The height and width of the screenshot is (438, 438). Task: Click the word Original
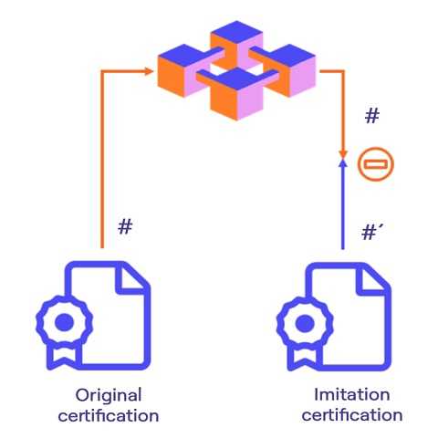(109, 396)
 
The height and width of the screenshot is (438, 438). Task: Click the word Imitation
(351, 394)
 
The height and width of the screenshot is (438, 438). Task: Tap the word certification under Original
(109, 415)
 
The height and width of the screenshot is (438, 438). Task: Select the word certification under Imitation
(352, 414)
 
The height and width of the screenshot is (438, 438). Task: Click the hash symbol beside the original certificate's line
(125, 226)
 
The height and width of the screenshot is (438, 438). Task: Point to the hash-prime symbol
(372, 233)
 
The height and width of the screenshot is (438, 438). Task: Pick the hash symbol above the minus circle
(372, 116)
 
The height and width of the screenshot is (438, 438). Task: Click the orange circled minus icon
(376, 164)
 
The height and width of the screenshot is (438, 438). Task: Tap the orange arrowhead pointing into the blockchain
(149, 71)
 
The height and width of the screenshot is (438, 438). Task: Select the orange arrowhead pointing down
(343, 153)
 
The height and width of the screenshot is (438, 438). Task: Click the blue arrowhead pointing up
(343, 164)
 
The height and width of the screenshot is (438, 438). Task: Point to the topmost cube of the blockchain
(236, 45)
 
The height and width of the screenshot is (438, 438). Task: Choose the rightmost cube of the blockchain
(289, 70)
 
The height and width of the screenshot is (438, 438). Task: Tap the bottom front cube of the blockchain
(236, 94)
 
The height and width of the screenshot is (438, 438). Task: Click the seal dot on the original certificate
(64, 322)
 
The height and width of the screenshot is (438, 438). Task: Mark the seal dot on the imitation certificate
(305, 323)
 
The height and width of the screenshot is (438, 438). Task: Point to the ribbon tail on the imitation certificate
(302, 357)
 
